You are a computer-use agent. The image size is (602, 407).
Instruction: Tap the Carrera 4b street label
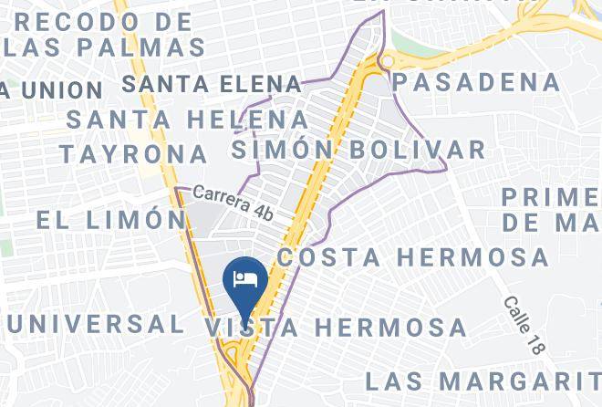233,202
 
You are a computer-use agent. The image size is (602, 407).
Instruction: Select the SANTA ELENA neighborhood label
212,84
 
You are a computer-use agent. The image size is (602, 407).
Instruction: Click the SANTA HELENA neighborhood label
188,119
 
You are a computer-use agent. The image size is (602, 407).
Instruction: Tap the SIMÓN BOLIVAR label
358,149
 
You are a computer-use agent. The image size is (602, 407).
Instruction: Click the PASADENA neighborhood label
476,82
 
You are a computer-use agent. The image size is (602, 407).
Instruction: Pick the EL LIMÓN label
110,219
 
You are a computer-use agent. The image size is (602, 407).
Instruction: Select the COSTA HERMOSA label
413,257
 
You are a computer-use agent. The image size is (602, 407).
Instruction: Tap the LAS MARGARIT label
483,380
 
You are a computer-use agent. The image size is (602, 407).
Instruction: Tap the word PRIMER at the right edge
551,196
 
